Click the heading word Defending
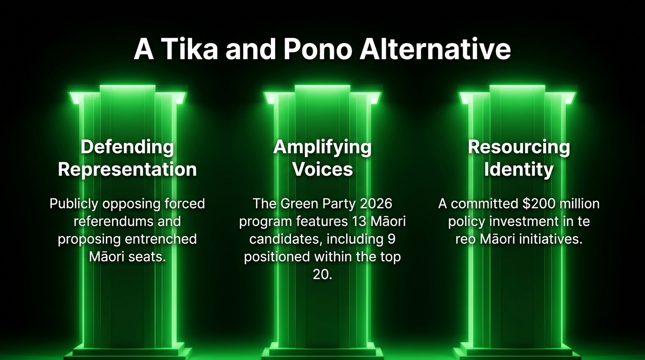(x=127, y=147)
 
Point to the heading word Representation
(x=127, y=169)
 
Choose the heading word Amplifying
(x=322, y=148)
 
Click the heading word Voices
(x=322, y=169)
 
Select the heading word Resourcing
(x=519, y=148)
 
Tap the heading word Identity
(x=519, y=170)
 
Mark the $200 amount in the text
(x=539, y=203)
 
